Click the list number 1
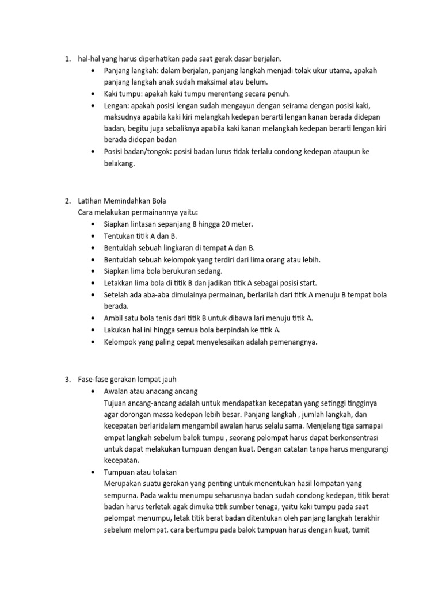(x=67, y=59)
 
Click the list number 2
(x=67, y=201)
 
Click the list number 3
(x=67, y=379)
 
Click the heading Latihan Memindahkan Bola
(x=122, y=201)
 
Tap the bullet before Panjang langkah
(x=93, y=70)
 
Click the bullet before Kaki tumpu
(x=93, y=94)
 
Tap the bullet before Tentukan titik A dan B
(x=93, y=236)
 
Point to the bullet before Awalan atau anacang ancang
(x=93, y=391)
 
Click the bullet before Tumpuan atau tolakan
(x=93, y=472)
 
